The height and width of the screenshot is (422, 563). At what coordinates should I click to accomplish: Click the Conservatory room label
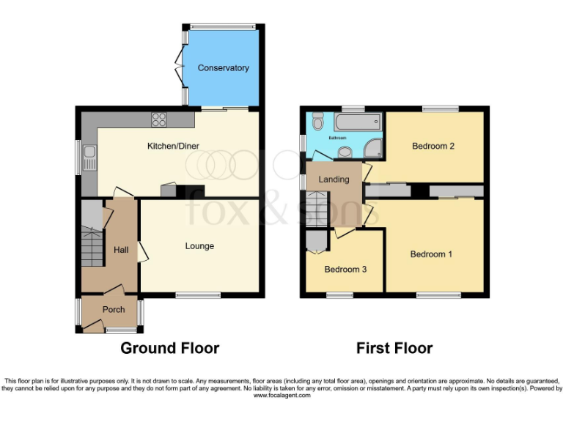(x=224, y=68)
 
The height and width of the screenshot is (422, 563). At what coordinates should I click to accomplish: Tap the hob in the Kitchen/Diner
(x=159, y=119)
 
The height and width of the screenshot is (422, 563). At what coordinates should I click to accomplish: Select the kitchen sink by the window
(x=89, y=154)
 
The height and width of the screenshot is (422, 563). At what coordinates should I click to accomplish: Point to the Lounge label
(x=199, y=246)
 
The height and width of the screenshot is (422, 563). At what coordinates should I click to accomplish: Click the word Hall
(x=121, y=251)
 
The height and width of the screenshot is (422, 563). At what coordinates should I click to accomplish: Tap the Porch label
(x=114, y=310)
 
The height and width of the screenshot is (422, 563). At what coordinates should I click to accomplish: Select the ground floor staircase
(x=92, y=245)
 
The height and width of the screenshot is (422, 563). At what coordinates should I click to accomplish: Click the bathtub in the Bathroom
(x=358, y=122)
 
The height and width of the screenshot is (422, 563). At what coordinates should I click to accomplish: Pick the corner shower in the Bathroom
(x=373, y=147)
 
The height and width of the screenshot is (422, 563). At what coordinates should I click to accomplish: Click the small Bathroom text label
(x=337, y=138)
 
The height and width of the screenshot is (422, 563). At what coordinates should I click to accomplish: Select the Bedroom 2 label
(x=433, y=146)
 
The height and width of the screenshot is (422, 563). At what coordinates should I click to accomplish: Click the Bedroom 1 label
(x=431, y=254)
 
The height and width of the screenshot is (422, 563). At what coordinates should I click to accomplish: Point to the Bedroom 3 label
(x=345, y=270)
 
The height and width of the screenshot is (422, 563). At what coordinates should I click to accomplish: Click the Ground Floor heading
(x=169, y=348)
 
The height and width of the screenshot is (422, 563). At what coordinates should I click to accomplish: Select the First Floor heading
(x=394, y=348)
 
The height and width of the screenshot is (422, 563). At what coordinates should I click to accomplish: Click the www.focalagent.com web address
(x=282, y=395)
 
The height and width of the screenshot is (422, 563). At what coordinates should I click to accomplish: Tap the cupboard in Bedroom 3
(x=317, y=241)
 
